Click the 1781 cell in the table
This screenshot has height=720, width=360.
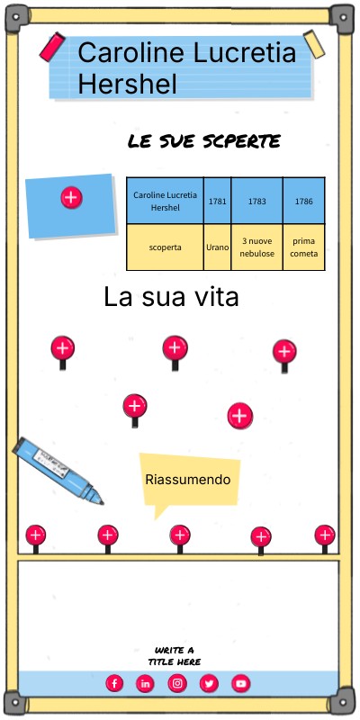click(217, 201)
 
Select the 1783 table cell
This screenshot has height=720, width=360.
click(257, 201)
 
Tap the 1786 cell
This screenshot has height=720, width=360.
click(304, 201)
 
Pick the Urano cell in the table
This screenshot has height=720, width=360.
click(217, 247)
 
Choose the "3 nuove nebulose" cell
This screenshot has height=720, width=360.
click(257, 247)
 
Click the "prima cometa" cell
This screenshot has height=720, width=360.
click(304, 247)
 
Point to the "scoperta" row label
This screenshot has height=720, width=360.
click(166, 247)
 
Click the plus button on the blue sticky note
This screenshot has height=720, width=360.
click(71, 197)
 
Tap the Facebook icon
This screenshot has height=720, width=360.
click(114, 683)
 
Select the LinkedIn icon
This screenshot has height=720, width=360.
click(145, 684)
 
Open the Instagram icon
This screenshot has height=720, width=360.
click(177, 683)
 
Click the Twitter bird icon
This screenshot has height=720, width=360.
click(209, 684)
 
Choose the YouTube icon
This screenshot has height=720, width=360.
click(240, 683)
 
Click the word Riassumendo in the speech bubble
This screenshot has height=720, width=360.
click(188, 480)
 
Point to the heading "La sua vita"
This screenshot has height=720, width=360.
click(171, 297)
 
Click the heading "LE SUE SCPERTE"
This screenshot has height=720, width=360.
click(204, 141)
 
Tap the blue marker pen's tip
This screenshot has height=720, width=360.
click(101, 502)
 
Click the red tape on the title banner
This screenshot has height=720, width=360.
click(52, 47)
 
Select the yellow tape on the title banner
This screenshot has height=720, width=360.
click(314, 44)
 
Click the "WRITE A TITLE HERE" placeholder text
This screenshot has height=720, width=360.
click(175, 656)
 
